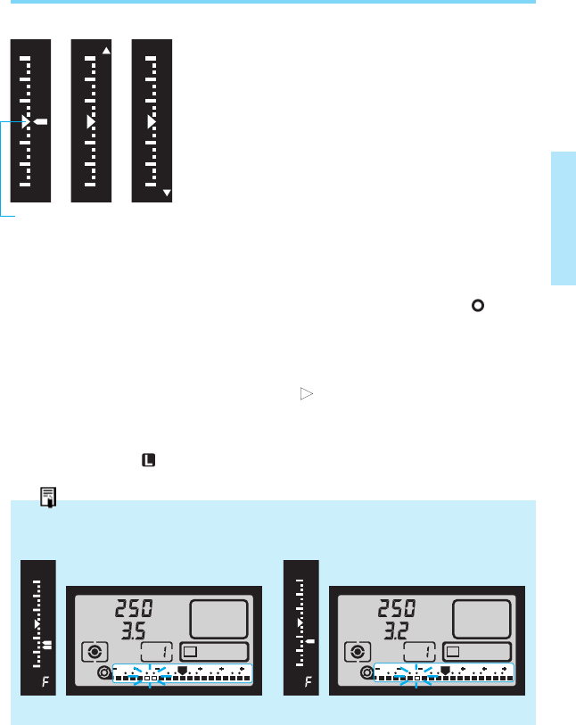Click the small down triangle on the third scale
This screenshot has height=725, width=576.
point(167,192)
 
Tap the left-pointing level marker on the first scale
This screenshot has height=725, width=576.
point(41,120)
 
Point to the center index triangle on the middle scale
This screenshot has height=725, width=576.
point(89,120)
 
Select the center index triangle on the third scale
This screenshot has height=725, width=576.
point(151,120)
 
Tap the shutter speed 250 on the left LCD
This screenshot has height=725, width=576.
point(135,611)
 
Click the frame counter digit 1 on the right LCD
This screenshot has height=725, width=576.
point(417,652)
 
